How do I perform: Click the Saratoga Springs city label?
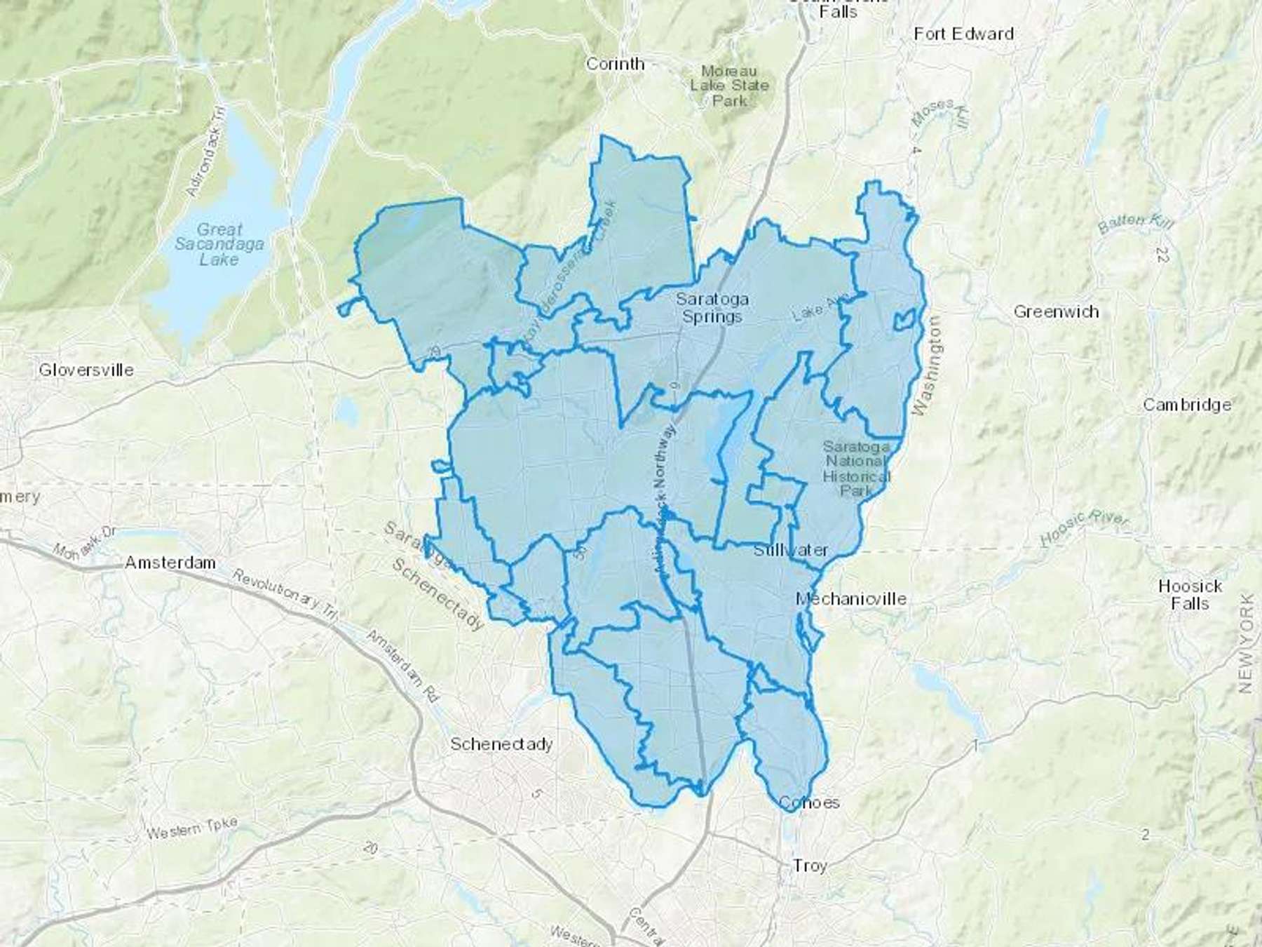point(712,308)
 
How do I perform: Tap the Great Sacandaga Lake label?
point(219,244)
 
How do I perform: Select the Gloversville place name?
point(86,370)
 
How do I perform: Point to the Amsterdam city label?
point(170,563)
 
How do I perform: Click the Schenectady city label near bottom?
point(501,744)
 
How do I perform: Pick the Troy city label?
point(810,866)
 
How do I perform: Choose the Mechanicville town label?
point(850,598)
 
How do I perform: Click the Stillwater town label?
point(791,550)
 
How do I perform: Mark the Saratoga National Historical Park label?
point(856,468)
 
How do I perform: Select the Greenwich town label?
point(1056,311)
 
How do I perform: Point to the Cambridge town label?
point(1187,405)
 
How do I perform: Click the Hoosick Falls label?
point(1190,594)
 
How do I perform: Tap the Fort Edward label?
point(963,34)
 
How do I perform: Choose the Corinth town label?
point(615,64)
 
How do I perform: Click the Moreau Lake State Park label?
point(729,86)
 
